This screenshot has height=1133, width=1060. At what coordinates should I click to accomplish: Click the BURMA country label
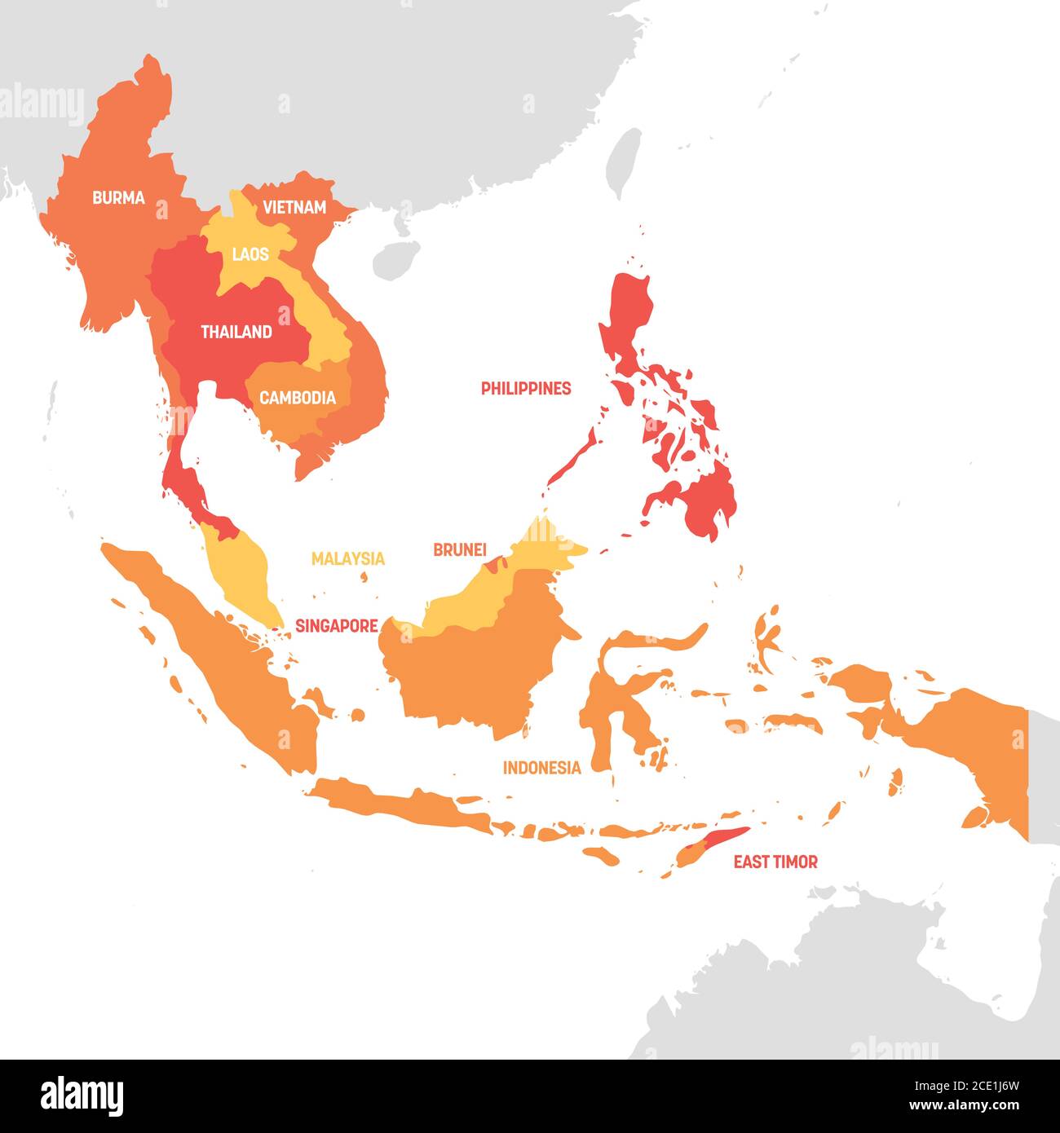(118, 197)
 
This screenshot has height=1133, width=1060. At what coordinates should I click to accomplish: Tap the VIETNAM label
(294, 208)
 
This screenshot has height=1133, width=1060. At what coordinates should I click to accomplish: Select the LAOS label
(250, 254)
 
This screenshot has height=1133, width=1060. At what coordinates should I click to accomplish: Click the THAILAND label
(236, 333)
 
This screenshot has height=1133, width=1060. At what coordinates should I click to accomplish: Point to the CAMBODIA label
(297, 399)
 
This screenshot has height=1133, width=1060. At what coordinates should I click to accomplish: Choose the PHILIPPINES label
(525, 389)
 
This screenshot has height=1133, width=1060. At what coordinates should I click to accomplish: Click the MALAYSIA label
(347, 559)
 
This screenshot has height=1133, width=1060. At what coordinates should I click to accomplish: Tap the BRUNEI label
(459, 550)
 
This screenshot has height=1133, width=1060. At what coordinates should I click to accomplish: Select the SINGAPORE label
(336, 626)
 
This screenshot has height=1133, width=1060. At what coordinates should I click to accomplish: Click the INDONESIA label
(541, 768)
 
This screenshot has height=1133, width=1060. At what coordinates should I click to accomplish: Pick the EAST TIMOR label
(775, 862)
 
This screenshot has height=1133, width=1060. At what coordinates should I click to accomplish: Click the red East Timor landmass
(718, 843)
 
